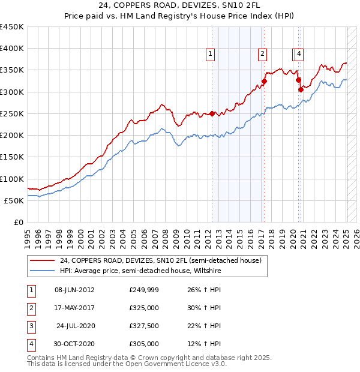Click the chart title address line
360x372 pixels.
click(x=180, y=6)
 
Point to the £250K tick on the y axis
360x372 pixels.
click(x=12, y=113)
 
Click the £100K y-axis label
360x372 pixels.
click(x=12, y=179)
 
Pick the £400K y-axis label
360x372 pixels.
click(x=12, y=49)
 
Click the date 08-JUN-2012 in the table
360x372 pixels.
click(x=74, y=290)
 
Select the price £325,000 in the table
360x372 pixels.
click(x=144, y=308)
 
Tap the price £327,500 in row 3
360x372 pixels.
click(x=144, y=326)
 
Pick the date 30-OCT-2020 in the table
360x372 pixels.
click(x=74, y=344)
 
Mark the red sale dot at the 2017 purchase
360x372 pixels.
click(x=264, y=81)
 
